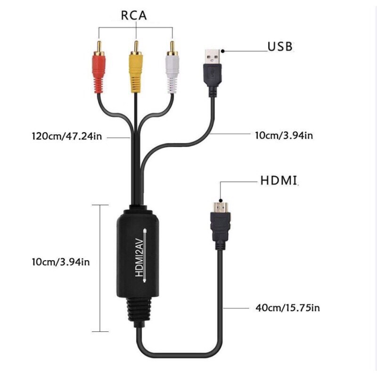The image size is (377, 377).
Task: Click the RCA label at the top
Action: (134, 16)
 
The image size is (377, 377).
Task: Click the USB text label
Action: (280, 47)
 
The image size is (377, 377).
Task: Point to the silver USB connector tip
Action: (213, 57)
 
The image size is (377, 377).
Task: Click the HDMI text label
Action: (279, 180)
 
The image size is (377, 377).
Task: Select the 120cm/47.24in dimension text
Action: (67, 136)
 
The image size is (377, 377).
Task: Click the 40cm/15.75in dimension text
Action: (287, 308)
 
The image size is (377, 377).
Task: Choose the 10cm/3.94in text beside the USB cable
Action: (284, 136)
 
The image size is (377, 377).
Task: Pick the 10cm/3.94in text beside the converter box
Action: (61, 262)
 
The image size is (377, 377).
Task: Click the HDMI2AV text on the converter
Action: (139, 257)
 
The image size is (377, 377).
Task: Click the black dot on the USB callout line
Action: (223, 51)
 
